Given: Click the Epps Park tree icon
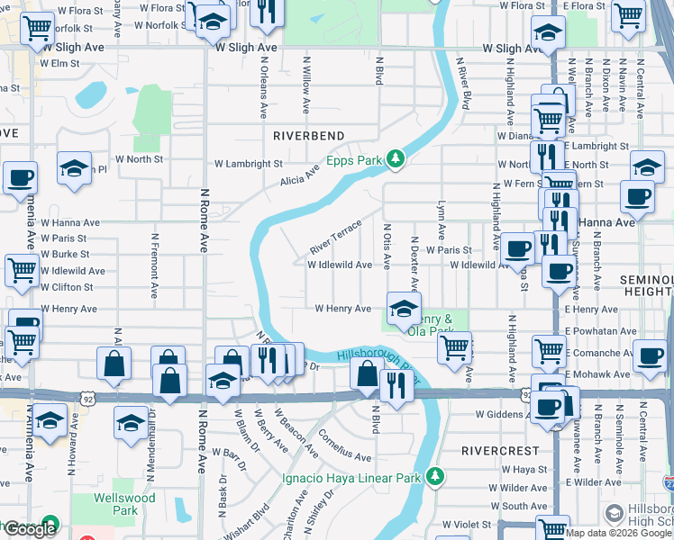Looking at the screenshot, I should click(395, 159).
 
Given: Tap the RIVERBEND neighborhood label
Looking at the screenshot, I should click(309, 135).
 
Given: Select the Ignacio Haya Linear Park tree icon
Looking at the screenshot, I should click(436, 476).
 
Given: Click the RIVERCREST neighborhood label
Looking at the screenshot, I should click(500, 450).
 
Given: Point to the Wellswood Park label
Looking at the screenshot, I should click(125, 504).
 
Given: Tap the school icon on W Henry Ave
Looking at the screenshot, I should click(403, 309).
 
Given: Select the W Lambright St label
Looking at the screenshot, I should click(248, 164).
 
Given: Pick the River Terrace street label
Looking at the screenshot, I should click(335, 236).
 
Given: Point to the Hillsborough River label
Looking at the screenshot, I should click(378, 361).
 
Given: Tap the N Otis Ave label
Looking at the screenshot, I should click(387, 247).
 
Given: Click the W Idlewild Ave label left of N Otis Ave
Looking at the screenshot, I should click(339, 265).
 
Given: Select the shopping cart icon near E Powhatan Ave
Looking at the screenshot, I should click(547, 351).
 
